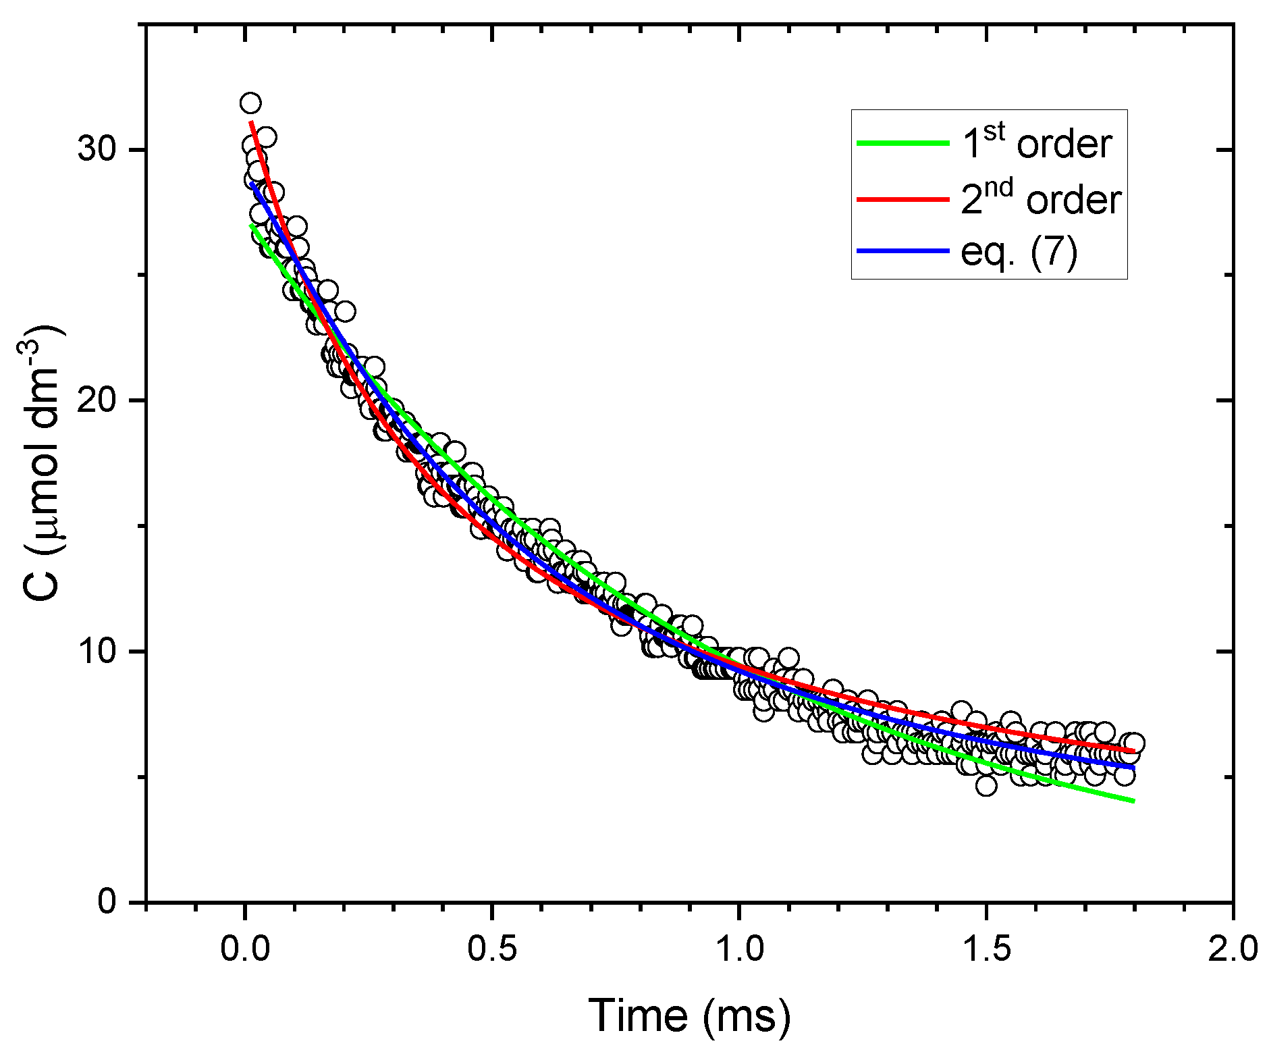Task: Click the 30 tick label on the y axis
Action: tap(97, 149)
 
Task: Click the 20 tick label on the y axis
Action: tap(97, 400)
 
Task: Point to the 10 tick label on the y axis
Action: tap(97, 652)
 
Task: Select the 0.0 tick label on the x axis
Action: tap(245, 948)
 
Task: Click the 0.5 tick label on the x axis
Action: tap(492, 948)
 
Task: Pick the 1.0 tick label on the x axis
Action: tap(740, 948)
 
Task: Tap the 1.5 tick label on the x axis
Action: tap(987, 948)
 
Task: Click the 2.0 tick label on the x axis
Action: tap(1234, 948)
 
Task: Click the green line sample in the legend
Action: tap(902, 143)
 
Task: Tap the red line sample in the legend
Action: tap(902, 199)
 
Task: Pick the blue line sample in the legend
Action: tap(902, 251)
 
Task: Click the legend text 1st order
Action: tap(1036, 143)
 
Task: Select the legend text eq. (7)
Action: tap(1019, 252)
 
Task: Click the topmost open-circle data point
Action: tap(250, 103)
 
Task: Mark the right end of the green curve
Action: tap(1133, 801)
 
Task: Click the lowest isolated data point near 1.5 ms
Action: tap(986, 785)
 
